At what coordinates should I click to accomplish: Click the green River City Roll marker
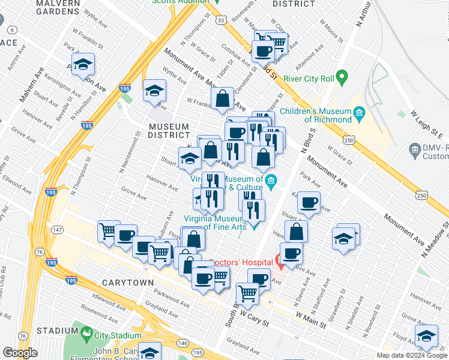point(342,77)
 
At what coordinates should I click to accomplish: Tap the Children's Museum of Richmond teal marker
point(359,112)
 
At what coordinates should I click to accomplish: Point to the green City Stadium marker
point(88,334)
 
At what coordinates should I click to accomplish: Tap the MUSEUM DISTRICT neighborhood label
point(169,131)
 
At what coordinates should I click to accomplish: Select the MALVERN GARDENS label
point(41,7)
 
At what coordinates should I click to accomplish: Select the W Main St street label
point(310,319)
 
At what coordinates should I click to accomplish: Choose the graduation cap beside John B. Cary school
point(150,352)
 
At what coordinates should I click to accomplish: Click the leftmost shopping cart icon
point(108,230)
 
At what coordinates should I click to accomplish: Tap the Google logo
point(20,353)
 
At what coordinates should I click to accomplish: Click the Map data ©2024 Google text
point(412,355)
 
